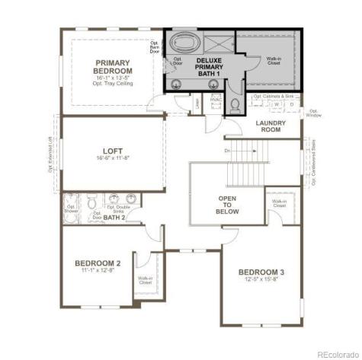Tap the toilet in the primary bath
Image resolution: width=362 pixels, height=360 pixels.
(235, 104)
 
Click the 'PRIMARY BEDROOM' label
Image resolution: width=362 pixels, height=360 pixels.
(112, 67)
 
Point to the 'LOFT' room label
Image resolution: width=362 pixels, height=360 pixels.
(114, 150)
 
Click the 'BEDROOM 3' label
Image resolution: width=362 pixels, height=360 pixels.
(261, 272)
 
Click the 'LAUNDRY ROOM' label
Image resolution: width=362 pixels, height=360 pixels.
(269, 126)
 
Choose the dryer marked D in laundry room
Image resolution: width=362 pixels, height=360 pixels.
(292, 105)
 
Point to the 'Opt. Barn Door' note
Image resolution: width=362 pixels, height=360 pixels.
(154, 48)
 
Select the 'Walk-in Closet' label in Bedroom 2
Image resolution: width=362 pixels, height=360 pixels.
(145, 281)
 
